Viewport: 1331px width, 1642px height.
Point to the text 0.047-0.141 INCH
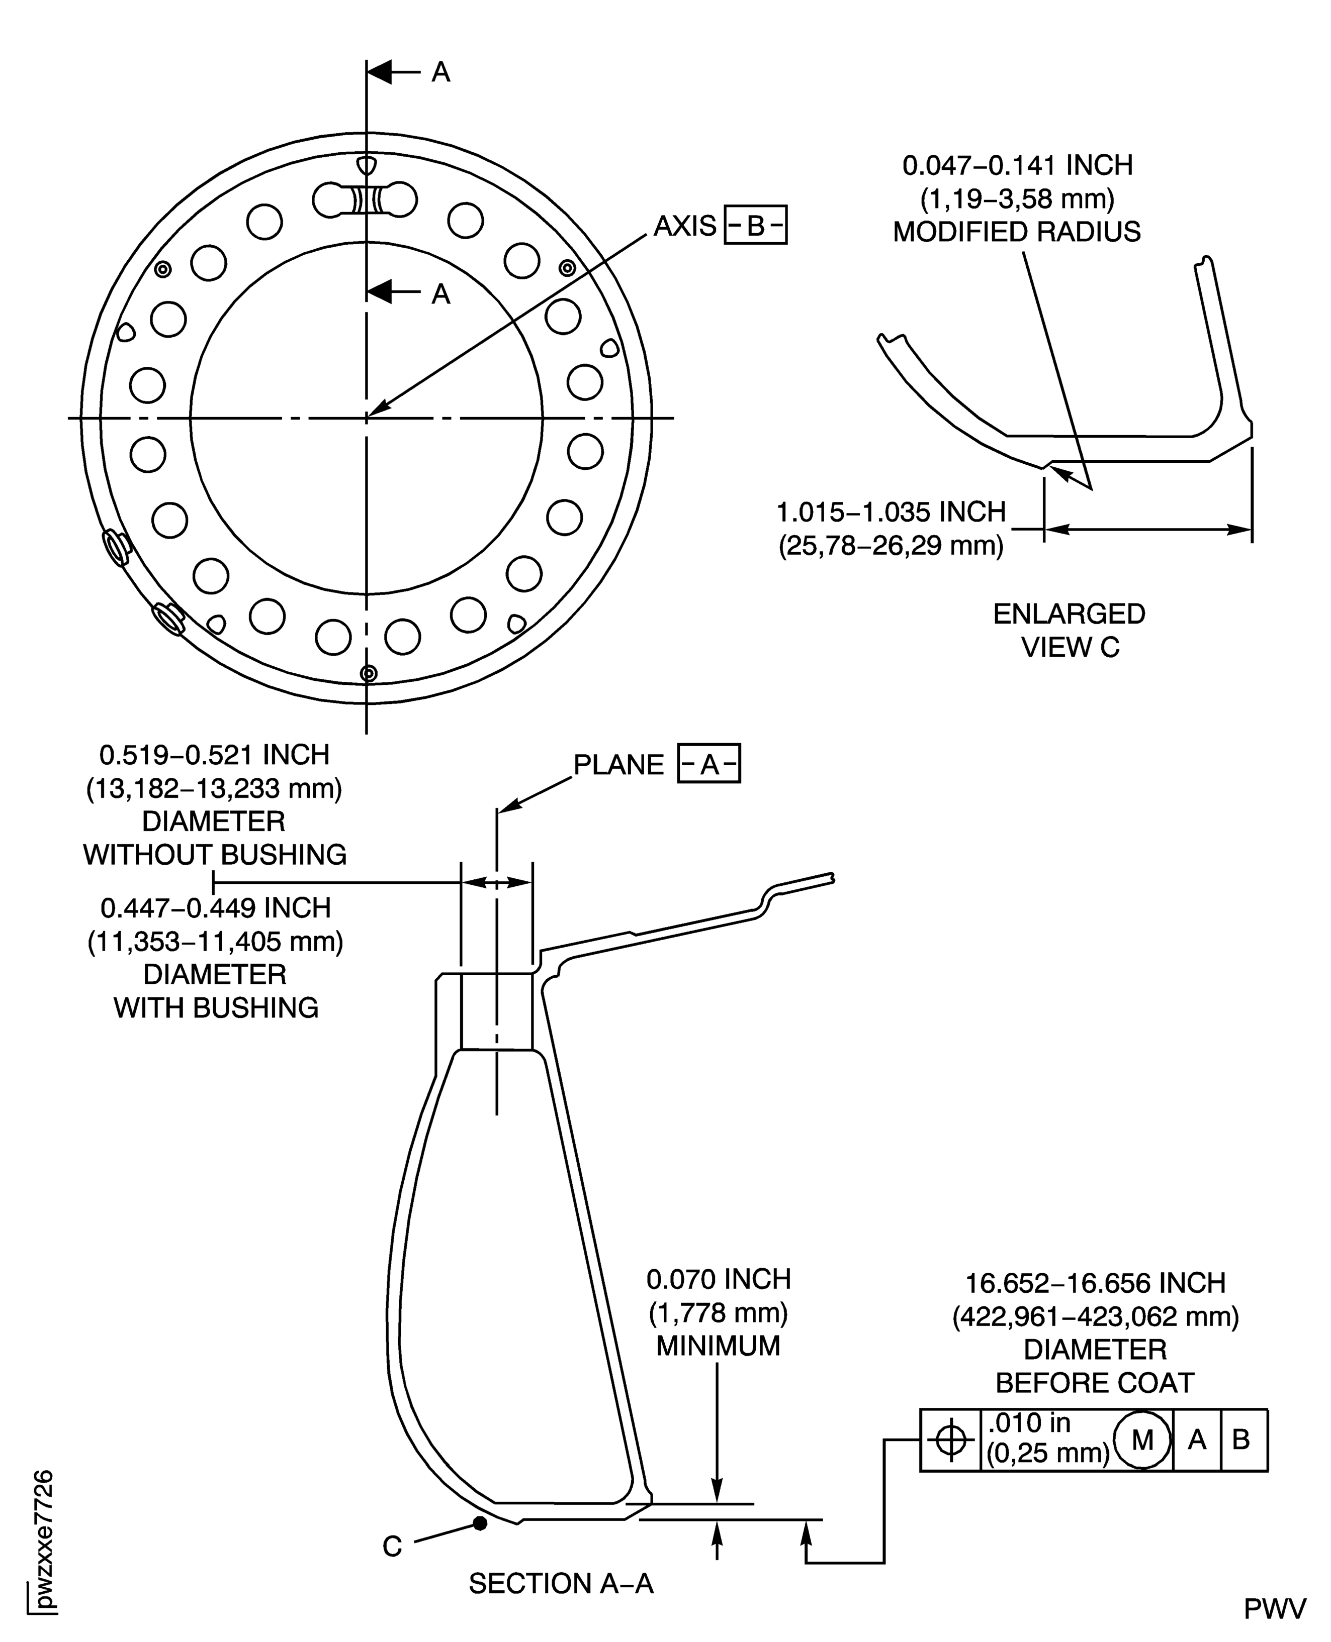click(1017, 165)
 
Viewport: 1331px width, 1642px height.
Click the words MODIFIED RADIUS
click(1017, 232)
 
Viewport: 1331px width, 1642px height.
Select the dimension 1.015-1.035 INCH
click(891, 512)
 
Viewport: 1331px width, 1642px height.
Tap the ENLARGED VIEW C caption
click(1069, 631)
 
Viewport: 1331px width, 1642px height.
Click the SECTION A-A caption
click(561, 1584)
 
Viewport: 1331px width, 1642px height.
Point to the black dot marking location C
click(480, 1523)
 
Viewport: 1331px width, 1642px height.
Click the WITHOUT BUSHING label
click(215, 854)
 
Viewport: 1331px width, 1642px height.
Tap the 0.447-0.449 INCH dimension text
click(215, 908)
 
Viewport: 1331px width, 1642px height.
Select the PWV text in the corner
click(1274, 1609)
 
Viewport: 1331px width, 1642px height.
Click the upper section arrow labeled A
click(393, 73)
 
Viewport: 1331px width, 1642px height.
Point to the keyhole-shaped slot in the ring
click(365, 201)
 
